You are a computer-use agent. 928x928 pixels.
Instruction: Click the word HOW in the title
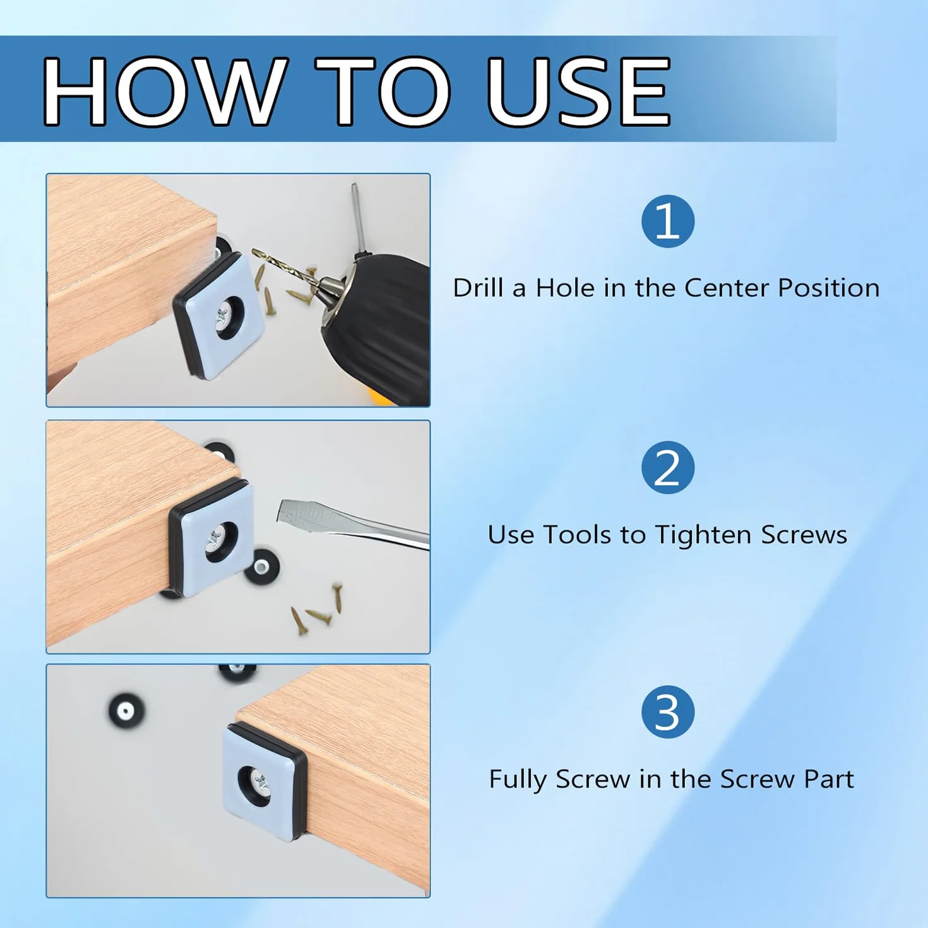point(162,91)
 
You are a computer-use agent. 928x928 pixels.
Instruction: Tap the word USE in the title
point(578,91)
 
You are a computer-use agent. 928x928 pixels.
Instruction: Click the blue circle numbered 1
point(667,221)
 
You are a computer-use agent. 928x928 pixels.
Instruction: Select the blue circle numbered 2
point(667,467)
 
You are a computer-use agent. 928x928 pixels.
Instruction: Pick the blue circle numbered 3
point(667,711)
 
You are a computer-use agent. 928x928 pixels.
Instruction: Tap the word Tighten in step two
point(703,535)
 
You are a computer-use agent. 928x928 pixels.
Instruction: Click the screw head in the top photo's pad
point(222,318)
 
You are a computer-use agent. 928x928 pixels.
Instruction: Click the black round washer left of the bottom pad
point(126,710)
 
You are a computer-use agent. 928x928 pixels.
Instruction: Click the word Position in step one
point(829,288)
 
